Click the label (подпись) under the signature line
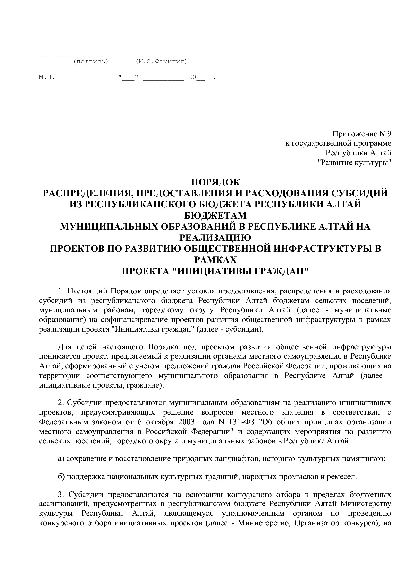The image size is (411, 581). tap(90, 61)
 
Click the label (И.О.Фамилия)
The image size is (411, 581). tap(161, 61)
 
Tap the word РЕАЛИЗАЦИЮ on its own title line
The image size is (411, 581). tap(215, 238)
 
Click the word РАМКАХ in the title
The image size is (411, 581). tap(215, 260)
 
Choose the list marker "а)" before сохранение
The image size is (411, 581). tap(61, 459)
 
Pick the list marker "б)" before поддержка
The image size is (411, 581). tap(61, 477)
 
